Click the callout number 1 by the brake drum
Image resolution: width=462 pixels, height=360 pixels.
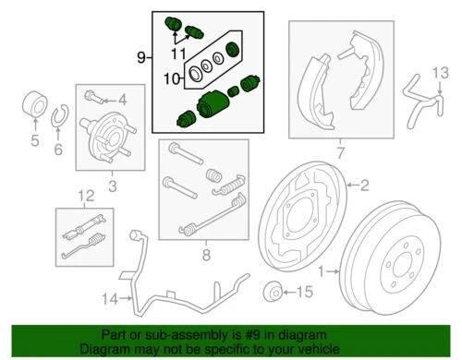(322, 271)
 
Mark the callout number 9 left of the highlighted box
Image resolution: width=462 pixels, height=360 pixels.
(141, 57)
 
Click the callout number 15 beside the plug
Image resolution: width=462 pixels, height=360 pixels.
(307, 292)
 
